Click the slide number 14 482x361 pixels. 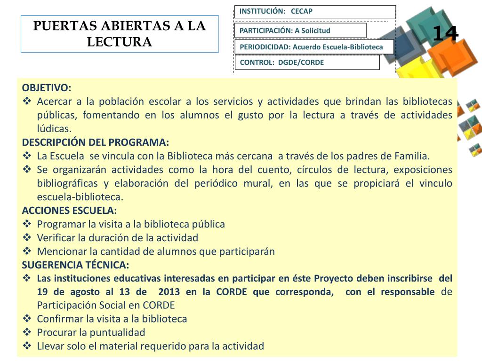(445, 34)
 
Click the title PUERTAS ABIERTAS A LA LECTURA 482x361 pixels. (120, 33)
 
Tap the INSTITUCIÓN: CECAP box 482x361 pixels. (314, 12)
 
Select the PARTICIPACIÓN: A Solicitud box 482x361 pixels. (300, 31)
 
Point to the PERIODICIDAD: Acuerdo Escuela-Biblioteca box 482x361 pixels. (314, 47)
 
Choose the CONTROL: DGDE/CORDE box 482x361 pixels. (306, 62)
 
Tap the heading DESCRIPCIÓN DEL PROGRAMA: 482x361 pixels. (95, 142)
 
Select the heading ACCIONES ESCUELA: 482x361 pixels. (70, 211)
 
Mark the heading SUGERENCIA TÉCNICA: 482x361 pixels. (75, 265)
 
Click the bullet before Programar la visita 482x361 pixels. (27, 224)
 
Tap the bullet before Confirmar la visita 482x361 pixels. (27, 319)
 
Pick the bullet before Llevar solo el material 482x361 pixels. (27, 346)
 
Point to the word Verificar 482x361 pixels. (56, 238)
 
